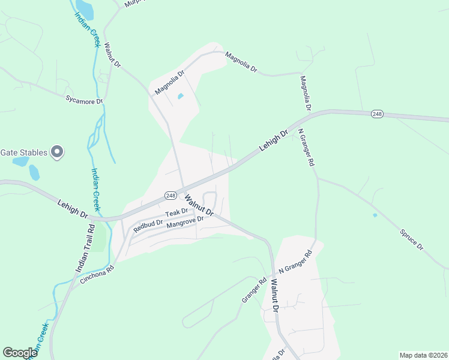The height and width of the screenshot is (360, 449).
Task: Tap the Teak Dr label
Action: pyautogui.click(x=177, y=213)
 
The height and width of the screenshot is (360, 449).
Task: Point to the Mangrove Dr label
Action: pyautogui.click(x=185, y=222)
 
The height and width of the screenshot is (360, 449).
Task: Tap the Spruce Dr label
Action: pyautogui.click(x=412, y=239)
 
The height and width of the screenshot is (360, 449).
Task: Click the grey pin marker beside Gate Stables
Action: pyautogui.click(x=57, y=152)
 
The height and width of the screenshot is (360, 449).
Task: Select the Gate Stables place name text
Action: pyautogui.click(x=23, y=152)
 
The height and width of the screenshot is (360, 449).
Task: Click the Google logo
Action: pyautogui.click(x=20, y=353)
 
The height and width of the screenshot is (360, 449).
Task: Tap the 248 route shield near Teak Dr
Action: pyautogui.click(x=170, y=195)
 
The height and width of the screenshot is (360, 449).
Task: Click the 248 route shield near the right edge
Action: pyautogui.click(x=377, y=114)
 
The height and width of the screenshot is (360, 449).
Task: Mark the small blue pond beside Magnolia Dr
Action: pyautogui.click(x=180, y=96)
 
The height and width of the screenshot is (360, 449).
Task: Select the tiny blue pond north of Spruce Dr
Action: pyautogui.click(x=375, y=215)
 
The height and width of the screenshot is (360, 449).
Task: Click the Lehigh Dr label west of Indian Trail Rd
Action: pyautogui.click(x=73, y=208)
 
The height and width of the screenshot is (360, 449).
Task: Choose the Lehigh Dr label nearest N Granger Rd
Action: pyautogui.click(x=274, y=140)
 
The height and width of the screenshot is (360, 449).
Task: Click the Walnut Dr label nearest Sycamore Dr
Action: pyautogui.click(x=112, y=55)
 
